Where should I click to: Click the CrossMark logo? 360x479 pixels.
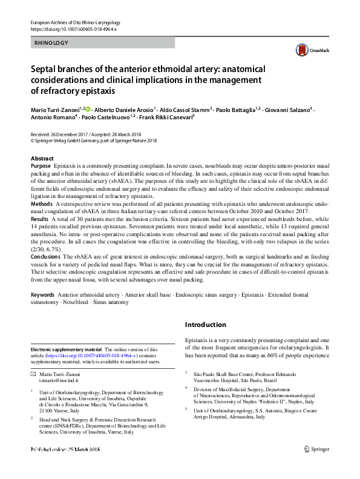tap(307, 51)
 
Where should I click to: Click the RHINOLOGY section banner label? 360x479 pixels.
tap(51, 43)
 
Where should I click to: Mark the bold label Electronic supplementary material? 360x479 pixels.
tap(65, 349)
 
